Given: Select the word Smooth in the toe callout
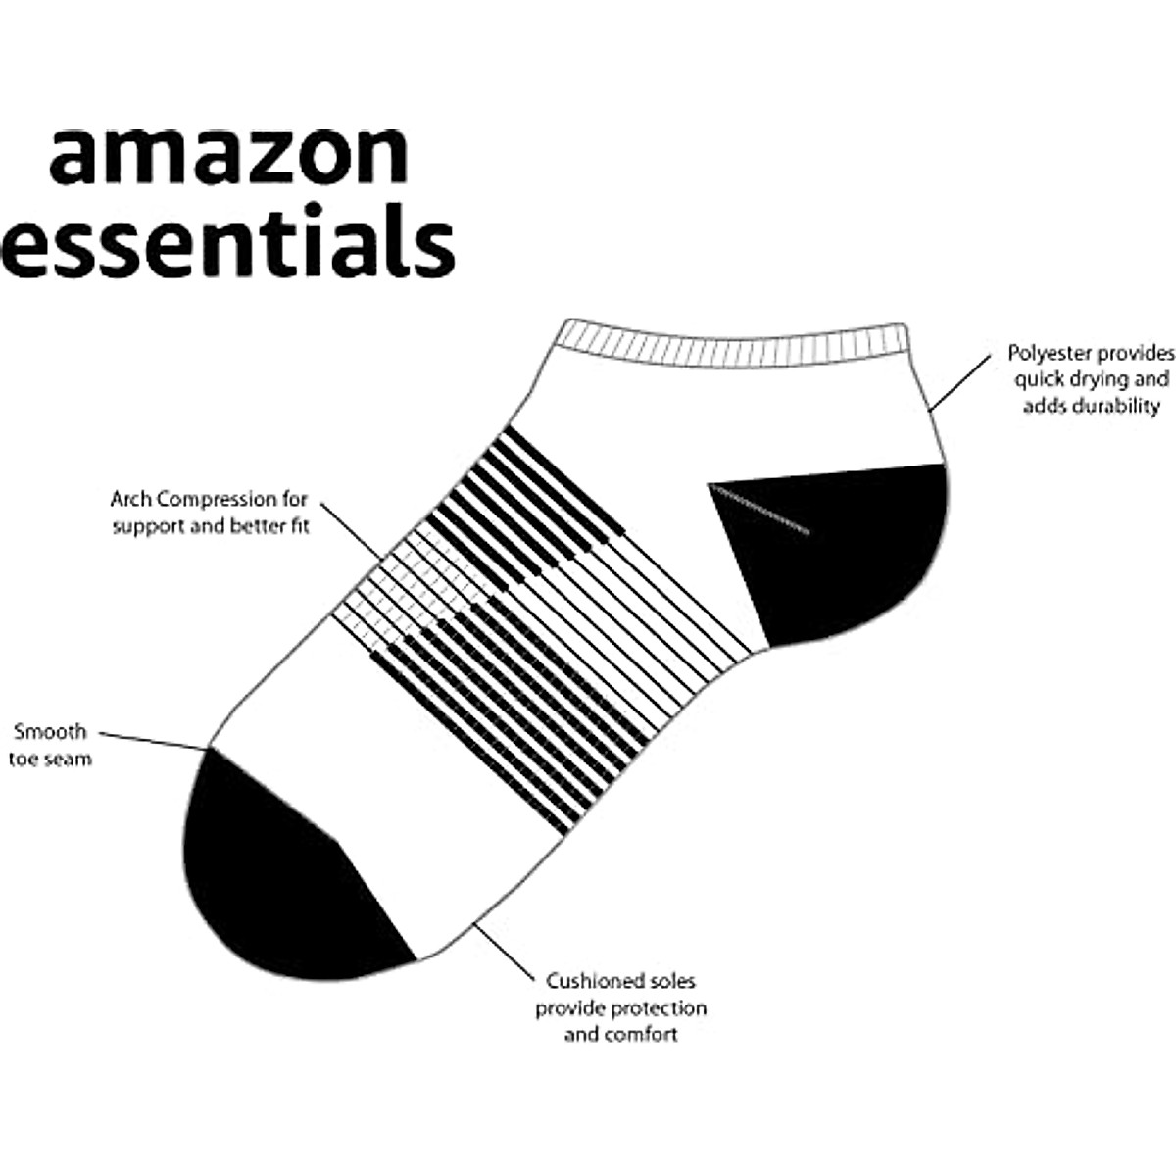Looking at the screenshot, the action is pos(50,731).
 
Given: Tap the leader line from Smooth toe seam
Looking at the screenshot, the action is pos(153,741).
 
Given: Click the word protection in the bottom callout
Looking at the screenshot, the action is pos(659,1007).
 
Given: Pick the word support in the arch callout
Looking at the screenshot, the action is pos(145,526).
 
